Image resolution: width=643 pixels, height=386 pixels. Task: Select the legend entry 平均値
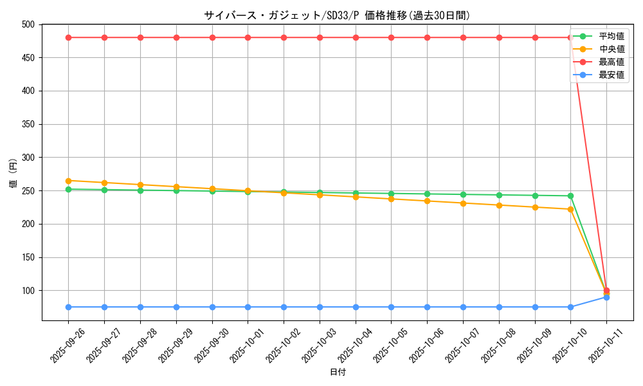point(611,36)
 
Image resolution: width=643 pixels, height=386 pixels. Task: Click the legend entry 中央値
point(611,49)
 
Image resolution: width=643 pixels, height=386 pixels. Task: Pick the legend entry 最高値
point(611,62)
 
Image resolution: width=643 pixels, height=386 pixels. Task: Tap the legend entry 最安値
point(611,75)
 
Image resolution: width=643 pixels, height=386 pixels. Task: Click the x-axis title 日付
point(338,372)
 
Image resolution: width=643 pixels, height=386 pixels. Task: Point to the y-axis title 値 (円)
point(13,174)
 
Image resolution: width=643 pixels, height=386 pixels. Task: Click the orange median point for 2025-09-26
point(69,181)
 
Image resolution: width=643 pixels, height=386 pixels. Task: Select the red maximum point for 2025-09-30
point(212,37)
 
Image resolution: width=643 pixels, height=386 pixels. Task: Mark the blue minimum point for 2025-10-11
point(606,297)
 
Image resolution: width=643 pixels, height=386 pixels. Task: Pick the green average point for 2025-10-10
point(570,196)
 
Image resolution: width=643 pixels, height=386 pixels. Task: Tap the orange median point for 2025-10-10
point(570,209)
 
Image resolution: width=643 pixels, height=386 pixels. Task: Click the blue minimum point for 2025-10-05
point(391,307)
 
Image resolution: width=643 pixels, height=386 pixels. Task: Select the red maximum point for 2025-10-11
point(606,290)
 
